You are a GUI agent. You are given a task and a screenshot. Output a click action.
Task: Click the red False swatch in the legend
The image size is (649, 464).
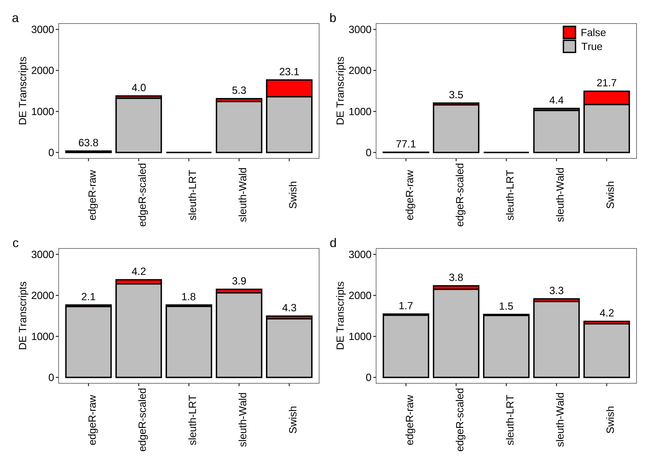coord(569,32)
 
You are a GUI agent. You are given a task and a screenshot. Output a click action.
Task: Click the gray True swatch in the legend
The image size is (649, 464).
coord(569,46)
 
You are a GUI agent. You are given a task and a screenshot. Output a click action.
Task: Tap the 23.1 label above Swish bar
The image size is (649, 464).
coord(289,72)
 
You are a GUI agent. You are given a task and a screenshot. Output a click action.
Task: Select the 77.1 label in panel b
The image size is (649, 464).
coord(406,144)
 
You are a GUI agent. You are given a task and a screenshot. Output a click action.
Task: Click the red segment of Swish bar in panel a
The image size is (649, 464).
coord(289,88)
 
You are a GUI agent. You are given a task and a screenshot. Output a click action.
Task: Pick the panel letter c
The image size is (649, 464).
coord(15,243)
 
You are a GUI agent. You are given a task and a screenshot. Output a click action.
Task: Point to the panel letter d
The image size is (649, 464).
coord(333,243)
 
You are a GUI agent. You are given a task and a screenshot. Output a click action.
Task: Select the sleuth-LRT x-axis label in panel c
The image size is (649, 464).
coord(193,420)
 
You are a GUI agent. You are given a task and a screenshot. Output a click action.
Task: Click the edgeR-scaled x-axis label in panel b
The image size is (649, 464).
coord(460,195)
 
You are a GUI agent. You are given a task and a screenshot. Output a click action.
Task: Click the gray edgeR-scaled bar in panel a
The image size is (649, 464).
coord(139,126)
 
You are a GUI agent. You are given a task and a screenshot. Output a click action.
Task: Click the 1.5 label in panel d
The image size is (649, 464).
coord(506,306)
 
